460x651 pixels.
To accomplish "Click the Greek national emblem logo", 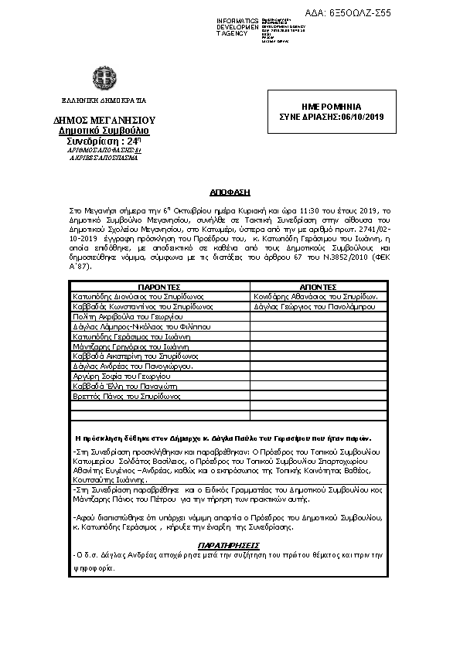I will [104, 79].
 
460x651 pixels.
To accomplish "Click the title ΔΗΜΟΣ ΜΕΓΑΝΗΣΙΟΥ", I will [104, 121].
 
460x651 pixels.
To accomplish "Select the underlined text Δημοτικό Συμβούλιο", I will [104, 131].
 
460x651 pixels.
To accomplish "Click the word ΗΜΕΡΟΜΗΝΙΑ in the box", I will [330, 107].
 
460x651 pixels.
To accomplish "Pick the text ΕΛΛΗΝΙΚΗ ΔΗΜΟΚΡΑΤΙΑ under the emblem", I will [104, 101].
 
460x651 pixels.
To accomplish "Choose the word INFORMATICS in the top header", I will [238, 19].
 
